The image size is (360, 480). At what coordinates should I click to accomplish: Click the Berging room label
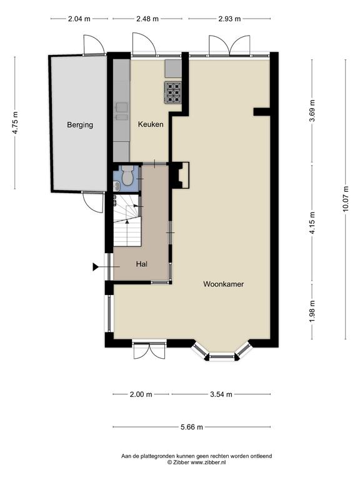click(80, 125)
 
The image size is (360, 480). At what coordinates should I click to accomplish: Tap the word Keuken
click(151, 124)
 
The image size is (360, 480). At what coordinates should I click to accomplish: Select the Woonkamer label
click(224, 284)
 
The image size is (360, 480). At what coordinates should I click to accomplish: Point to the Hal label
click(142, 264)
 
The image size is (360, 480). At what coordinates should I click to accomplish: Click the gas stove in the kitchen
click(173, 92)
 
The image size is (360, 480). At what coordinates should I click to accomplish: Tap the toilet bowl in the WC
click(127, 176)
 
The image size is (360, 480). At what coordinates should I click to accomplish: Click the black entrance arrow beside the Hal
click(96, 267)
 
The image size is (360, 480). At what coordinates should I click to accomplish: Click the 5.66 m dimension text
click(192, 427)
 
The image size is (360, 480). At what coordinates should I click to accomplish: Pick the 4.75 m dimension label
click(15, 122)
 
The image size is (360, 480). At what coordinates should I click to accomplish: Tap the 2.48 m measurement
click(147, 19)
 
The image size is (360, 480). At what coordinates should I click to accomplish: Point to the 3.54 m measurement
click(221, 394)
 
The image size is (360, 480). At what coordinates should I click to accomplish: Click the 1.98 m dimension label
click(312, 311)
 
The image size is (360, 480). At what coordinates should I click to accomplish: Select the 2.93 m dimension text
click(229, 19)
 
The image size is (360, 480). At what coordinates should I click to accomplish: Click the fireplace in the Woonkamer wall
click(179, 175)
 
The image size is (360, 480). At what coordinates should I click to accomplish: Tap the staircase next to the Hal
click(127, 221)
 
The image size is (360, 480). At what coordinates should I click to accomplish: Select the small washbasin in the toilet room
click(117, 185)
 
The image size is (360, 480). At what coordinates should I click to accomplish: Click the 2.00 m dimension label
click(141, 394)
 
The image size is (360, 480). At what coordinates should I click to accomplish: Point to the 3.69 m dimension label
click(312, 111)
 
